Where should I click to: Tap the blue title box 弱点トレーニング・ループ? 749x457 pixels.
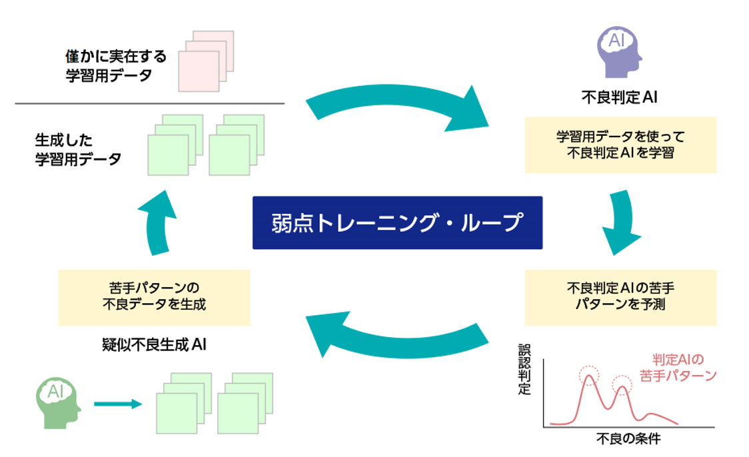(397, 223)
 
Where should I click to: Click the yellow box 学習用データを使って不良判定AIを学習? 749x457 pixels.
(620, 145)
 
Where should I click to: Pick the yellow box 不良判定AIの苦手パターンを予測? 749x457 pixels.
(620, 297)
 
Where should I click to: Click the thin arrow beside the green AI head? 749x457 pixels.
(118, 404)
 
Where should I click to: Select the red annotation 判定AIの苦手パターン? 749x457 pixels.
(676, 367)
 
